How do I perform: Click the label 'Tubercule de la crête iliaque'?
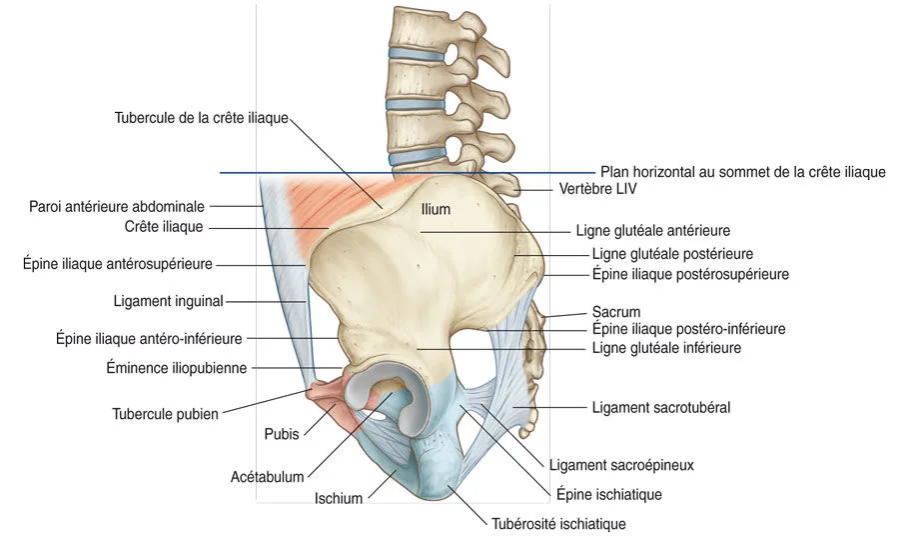[201, 118]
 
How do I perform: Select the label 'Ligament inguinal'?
[169, 300]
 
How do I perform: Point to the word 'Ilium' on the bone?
[437, 210]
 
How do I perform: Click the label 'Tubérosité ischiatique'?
[558, 523]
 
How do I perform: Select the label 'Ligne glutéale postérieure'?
[672, 254]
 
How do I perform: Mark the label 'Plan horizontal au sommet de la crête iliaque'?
[742, 172]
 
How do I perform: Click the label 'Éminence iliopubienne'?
[177, 367]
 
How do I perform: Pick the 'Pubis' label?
[282, 435]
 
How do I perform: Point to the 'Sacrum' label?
[616, 312]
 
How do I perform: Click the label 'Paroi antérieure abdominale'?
[117, 207]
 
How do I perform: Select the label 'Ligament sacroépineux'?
[621, 465]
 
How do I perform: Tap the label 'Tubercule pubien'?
[166, 412]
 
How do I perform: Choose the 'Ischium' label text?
[339, 498]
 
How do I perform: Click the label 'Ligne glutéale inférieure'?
[666, 348]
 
